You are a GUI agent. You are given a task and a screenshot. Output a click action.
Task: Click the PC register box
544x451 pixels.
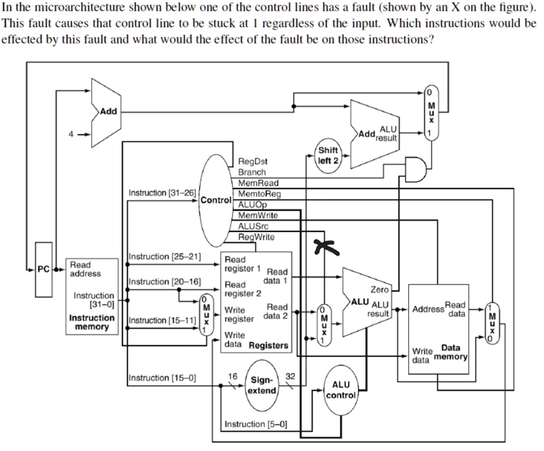(x=44, y=269)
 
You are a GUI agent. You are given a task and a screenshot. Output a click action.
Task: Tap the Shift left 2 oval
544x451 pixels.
(x=328, y=156)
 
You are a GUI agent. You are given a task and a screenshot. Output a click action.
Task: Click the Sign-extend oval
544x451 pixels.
(x=262, y=385)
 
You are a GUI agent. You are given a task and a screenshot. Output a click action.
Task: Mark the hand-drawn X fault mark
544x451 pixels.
(x=326, y=247)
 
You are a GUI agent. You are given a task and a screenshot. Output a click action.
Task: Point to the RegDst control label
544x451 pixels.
(x=253, y=161)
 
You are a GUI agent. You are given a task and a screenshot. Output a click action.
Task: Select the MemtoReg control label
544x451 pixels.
(x=259, y=194)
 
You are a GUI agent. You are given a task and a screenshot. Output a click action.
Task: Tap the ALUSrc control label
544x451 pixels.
(x=253, y=226)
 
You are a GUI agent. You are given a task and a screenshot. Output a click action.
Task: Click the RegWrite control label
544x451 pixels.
(x=256, y=237)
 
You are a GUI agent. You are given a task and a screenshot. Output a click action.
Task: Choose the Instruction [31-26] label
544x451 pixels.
(x=162, y=193)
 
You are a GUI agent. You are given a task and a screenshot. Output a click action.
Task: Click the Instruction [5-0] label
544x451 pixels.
(x=255, y=424)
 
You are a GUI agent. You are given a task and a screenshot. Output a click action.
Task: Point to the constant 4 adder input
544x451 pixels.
(x=71, y=134)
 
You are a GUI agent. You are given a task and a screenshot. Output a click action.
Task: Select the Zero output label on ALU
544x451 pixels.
(x=379, y=289)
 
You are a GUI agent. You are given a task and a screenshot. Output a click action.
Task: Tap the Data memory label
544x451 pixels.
(x=450, y=352)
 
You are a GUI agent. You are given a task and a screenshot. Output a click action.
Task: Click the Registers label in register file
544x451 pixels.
(x=268, y=345)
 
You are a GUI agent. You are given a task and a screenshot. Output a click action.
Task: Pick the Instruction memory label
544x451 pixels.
(x=91, y=322)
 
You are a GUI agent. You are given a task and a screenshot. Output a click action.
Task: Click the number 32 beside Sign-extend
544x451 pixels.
(x=290, y=376)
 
